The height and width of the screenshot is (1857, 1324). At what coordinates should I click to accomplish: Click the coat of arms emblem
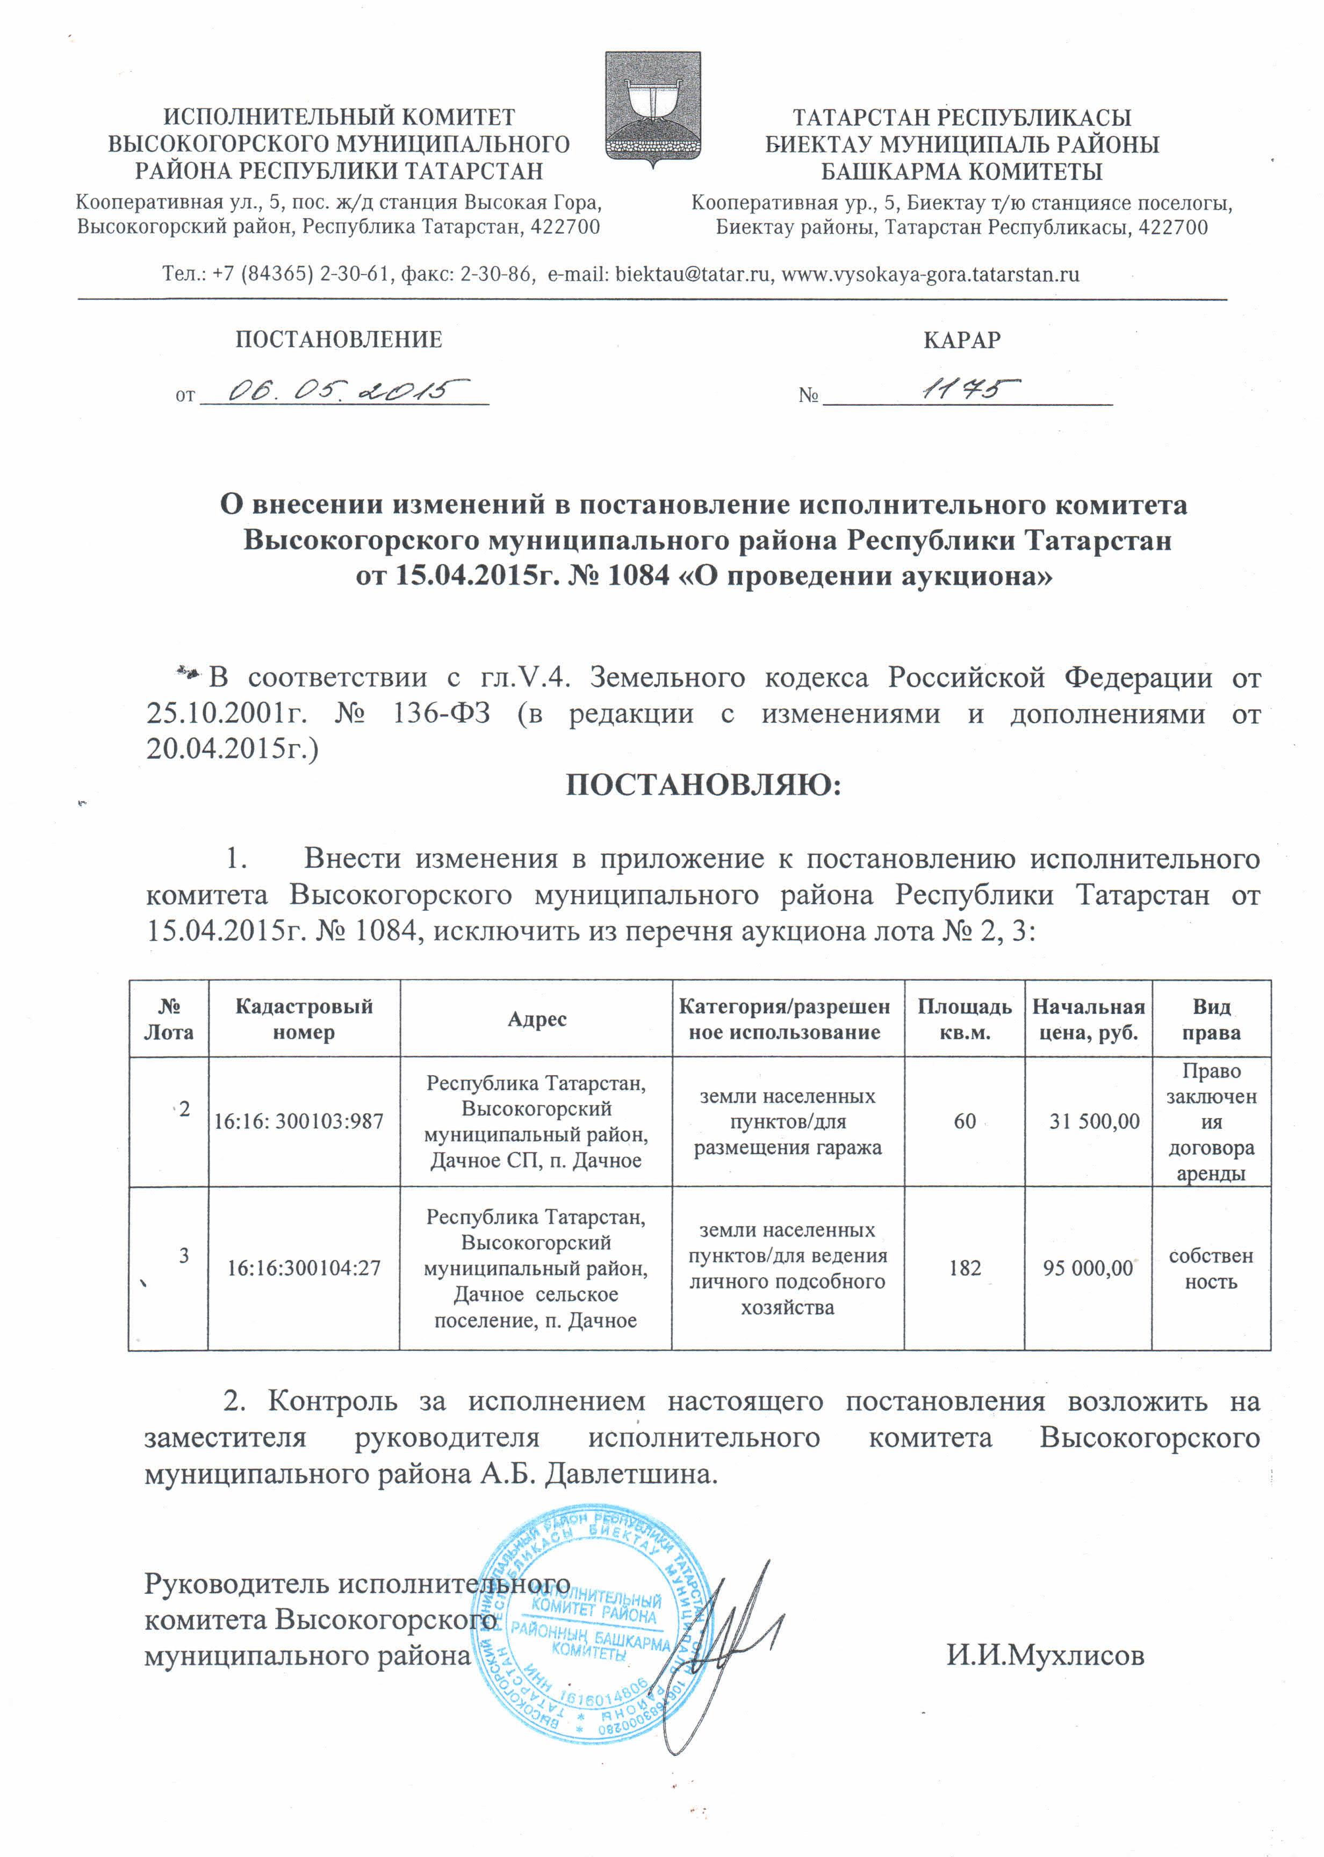[652, 109]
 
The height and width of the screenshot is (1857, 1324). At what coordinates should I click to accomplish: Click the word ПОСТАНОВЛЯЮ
[703, 785]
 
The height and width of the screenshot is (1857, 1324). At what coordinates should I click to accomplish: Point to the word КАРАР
[962, 340]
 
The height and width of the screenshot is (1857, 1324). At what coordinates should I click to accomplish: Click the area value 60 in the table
[965, 1122]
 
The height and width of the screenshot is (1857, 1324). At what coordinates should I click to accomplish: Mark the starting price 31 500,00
[1094, 1122]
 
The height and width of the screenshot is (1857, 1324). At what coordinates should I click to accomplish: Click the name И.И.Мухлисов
[1045, 1656]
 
